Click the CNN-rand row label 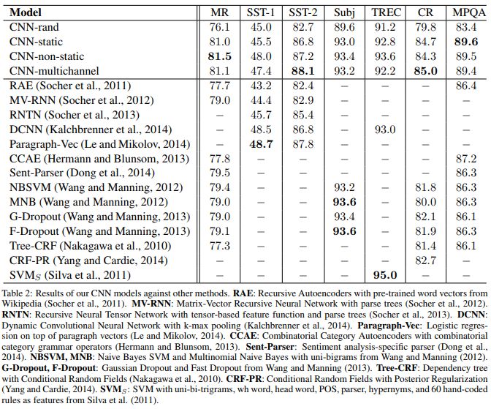(x=34, y=28)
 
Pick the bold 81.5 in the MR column (x=220, y=56)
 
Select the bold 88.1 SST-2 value (x=301, y=71)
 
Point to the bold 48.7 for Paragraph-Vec (x=261, y=143)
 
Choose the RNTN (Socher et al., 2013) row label (x=75, y=115)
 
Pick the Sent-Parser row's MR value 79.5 (x=220, y=173)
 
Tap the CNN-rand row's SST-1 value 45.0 (x=261, y=28)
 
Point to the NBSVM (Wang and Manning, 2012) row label (x=89, y=187)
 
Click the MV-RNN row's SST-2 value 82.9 (x=301, y=100)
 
